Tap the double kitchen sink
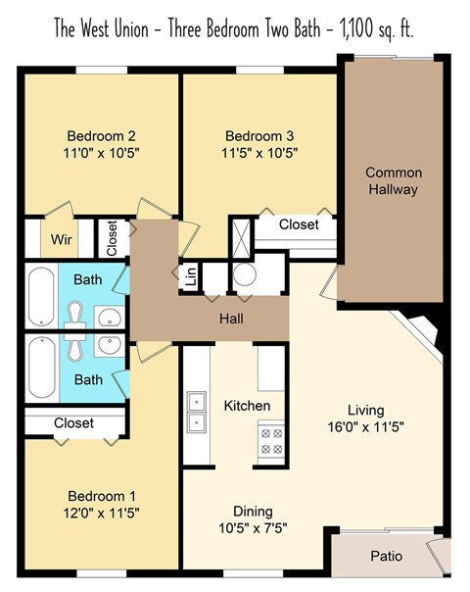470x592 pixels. coord(197,412)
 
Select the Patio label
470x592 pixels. coord(385,556)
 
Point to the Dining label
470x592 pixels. coord(253,512)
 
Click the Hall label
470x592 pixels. coord(232,320)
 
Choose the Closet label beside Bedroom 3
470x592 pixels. coord(299,224)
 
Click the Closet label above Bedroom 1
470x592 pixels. coord(74,423)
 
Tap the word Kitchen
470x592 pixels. coord(247,405)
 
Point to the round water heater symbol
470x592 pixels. coord(245,274)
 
